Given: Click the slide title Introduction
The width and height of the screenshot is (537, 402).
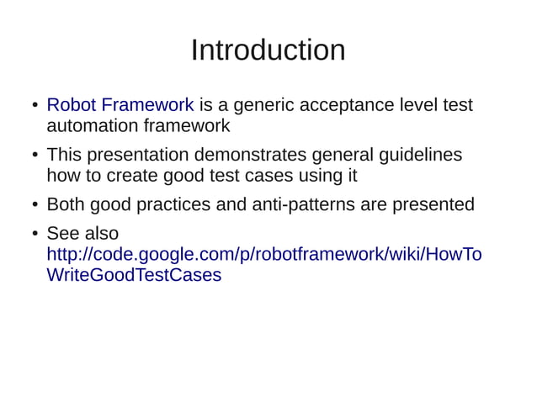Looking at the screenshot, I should [268, 50].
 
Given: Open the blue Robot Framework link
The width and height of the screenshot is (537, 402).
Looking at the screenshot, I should [120, 105].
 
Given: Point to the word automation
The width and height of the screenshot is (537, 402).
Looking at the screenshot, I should [93, 126].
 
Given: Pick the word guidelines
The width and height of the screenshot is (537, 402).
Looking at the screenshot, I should [419, 155].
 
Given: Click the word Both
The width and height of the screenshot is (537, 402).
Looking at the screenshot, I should [66, 204].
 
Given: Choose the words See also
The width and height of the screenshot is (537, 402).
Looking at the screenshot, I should [82, 233].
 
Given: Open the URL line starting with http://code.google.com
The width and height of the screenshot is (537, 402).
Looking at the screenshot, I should [263, 254].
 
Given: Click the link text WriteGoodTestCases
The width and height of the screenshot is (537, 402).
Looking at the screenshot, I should [134, 275].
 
